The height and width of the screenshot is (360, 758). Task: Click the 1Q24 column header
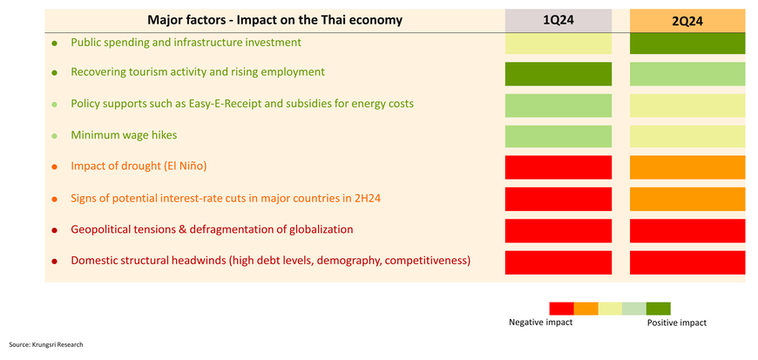tap(558, 21)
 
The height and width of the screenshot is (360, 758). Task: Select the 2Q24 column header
tap(687, 21)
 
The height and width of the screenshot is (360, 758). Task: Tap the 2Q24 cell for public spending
tap(687, 43)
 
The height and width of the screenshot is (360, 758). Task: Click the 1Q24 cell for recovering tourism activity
tap(558, 74)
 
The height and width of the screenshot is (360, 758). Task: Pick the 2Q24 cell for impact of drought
tap(687, 167)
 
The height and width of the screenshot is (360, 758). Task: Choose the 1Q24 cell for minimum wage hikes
tap(558, 137)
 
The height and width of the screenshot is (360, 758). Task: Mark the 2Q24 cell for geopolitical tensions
tap(687, 231)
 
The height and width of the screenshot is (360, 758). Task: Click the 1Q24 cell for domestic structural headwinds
tap(558, 262)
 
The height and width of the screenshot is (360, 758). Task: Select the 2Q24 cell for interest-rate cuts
tap(687, 199)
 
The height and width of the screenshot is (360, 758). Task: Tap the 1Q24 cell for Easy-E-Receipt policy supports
tap(558, 105)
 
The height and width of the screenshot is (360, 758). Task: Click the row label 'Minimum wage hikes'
tap(124, 135)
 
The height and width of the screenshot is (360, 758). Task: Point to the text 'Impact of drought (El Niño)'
tap(139, 166)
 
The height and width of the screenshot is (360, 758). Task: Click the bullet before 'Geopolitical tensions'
tap(55, 230)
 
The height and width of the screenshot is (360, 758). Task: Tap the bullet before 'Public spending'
tap(55, 44)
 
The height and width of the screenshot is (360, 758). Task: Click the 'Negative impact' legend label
tap(540, 323)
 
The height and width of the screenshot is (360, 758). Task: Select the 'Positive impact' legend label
tap(677, 323)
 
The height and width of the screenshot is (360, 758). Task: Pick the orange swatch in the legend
tap(585, 309)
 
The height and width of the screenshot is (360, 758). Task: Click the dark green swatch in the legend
tap(659, 309)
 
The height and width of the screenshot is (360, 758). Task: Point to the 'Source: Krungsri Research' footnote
tap(46, 344)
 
